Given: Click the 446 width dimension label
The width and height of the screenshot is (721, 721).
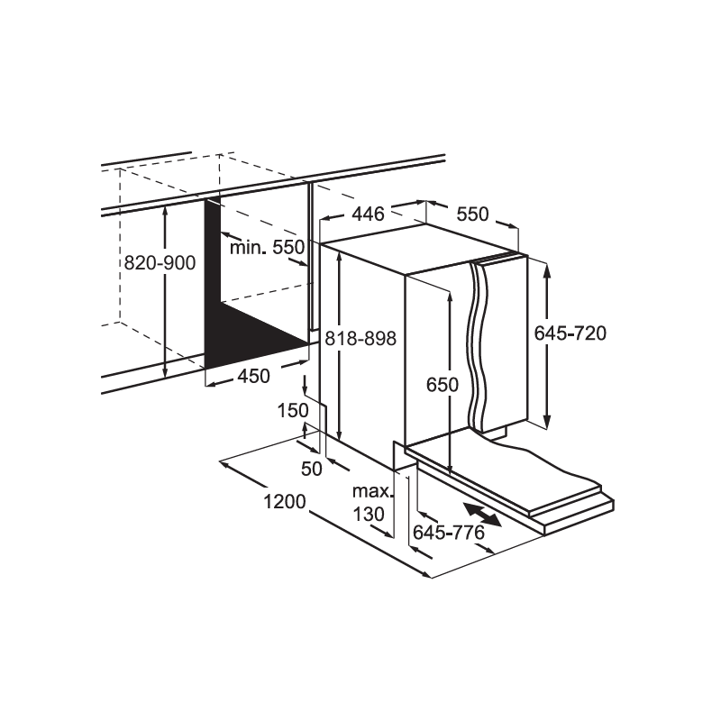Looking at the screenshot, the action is pos(368,214).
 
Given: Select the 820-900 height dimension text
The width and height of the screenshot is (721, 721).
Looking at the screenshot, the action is pos(160,263).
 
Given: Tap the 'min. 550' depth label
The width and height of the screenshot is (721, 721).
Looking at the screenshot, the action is pos(267,247).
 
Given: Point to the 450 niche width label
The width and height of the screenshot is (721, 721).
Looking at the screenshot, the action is pos(253,377).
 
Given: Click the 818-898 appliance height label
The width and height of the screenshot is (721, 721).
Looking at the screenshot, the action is pos(360,339).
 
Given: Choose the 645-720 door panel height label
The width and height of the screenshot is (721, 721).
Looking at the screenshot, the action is pos(570,333).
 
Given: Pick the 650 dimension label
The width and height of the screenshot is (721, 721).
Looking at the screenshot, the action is pos(443,385).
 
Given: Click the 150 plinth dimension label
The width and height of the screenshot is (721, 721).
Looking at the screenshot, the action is pos(293,411).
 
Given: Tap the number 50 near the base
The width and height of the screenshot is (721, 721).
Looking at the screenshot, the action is pos(312,469).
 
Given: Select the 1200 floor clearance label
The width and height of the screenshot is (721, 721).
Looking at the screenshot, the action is pos(284,502).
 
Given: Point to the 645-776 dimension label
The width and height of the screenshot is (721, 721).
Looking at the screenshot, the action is pos(449,533).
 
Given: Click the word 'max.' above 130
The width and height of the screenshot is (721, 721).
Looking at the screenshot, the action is pos(373,491).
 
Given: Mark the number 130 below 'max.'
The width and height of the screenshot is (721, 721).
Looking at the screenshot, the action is pos(369,514).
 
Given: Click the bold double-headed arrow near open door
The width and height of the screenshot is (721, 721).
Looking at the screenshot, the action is pos(482,515).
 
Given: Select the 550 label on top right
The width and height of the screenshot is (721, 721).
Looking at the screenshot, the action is pos(472,214).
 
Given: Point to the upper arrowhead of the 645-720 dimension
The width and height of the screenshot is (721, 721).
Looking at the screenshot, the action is pos(547,270).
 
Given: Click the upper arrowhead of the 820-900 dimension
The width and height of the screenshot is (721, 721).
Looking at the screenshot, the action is pos(165,213).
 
